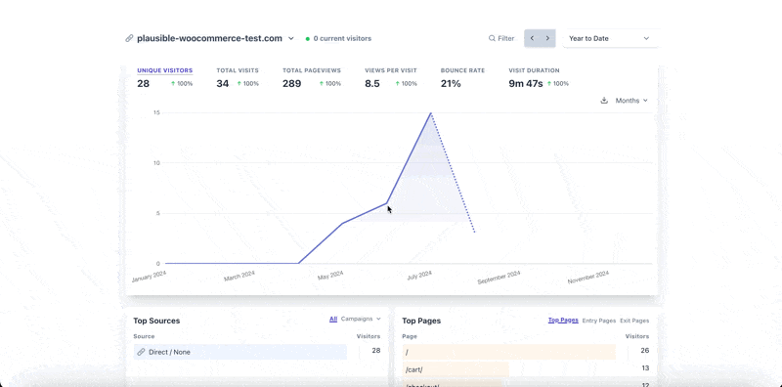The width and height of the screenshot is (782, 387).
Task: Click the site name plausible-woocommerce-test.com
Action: [209, 38]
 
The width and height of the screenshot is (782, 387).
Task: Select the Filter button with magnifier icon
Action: [501, 38]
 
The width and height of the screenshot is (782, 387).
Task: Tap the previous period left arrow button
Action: [532, 38]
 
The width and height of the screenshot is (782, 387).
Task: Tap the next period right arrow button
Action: [547, 38]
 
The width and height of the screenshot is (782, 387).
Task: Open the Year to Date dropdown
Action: [610, 38]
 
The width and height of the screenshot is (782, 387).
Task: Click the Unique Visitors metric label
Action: [164, 70]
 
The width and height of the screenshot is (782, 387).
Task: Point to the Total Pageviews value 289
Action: [292, 84]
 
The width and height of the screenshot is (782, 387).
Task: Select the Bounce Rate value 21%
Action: [451, 84]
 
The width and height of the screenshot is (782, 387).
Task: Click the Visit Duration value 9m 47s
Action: [526, 84]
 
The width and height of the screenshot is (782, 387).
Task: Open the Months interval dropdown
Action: [631, 101]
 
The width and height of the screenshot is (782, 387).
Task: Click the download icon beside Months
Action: [604, 101]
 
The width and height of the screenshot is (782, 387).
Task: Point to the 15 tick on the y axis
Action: [156, 112]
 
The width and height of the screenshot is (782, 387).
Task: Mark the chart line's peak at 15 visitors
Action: [430, 113]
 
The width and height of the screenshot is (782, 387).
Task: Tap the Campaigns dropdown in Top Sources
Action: [361, 319]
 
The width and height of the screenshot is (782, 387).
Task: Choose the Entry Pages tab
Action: [599, 321]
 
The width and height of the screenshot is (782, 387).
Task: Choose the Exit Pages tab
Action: [634, 321]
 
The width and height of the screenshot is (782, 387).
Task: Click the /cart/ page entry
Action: [414, 369]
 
